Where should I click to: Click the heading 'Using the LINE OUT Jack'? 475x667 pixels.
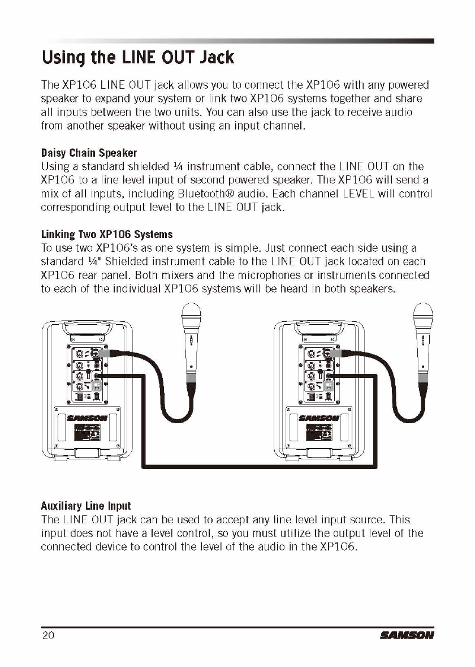(137, 58)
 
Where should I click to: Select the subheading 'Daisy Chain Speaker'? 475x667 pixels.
(89, 153)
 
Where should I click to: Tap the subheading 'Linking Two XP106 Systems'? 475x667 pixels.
(107, 234)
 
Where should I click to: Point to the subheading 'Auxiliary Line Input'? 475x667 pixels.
(85, 506)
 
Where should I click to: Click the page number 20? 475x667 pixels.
(47, 635)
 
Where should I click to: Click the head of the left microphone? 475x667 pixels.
(191, 315)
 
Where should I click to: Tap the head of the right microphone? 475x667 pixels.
(422, 315)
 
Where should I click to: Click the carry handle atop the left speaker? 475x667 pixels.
(88, 329)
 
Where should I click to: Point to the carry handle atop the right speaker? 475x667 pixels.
(319, 329)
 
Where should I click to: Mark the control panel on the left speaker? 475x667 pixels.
(88, 373)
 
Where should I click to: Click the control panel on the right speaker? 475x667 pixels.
(319, 373)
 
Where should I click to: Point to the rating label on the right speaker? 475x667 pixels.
(316, 433)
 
